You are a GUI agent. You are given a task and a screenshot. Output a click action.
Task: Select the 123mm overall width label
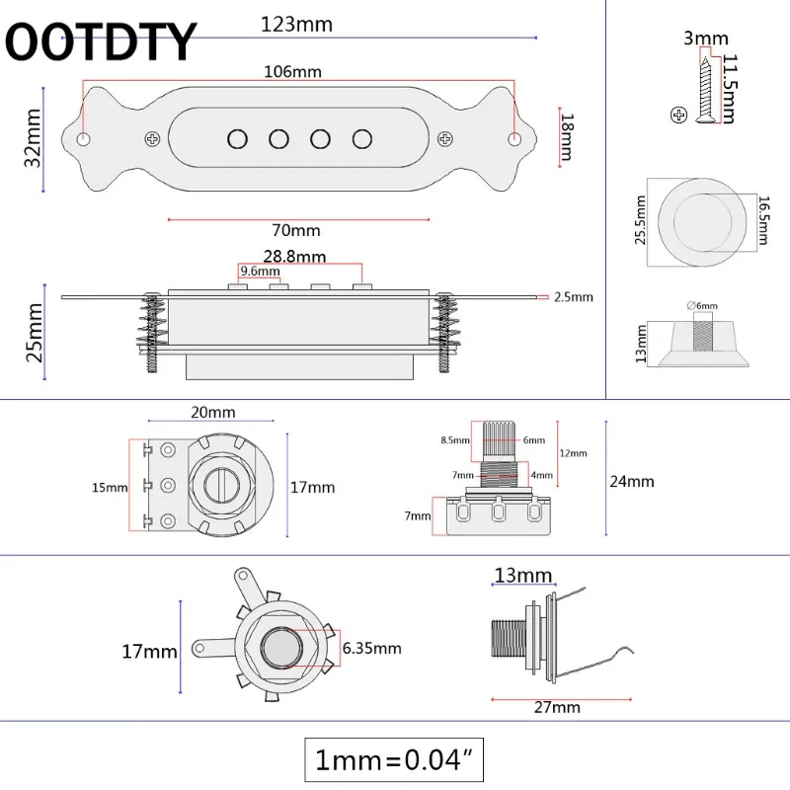tap(296, 24)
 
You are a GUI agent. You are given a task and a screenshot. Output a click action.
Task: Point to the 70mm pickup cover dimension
tap(297, 230)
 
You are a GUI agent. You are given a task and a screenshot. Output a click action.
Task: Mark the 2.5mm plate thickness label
tap(573, 295)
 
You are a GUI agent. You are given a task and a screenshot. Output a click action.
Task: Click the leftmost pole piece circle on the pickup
tap(237, 137)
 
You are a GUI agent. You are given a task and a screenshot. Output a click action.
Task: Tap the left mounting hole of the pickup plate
tap(84, 138)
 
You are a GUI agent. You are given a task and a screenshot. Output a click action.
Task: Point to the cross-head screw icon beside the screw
tap(678, 115)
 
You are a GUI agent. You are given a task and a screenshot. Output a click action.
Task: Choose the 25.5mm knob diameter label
tap(640, 222)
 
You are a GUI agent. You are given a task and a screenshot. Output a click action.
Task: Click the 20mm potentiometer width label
tap(213, 411)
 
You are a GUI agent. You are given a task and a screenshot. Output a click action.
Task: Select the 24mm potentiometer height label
tap(633, 481)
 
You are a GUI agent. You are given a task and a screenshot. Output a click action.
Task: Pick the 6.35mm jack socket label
tap(373, 648)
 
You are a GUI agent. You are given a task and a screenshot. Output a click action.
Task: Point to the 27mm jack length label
tap(557, 707)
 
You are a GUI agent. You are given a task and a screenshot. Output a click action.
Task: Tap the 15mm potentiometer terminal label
tap(111, 487)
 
